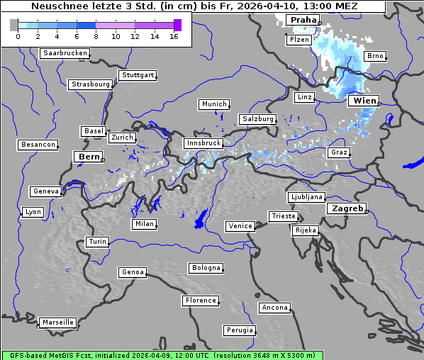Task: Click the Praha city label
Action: click(302, 20)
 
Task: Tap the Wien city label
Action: click(363, 101)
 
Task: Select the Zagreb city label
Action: click(347, 209)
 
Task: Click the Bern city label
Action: click(89, 157)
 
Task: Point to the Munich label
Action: click(214, 104)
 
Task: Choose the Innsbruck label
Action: click(202, 143)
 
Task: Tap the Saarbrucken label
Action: click(65, 53)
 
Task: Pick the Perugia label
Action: click(239, 330)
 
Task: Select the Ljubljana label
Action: click(306, 197)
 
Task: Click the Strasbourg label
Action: click(90, 84)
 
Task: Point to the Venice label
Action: click(240, 226)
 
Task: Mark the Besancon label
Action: click(38, 145)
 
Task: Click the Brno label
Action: click(375, 56)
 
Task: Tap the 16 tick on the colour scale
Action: click(174, 36)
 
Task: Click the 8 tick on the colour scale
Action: click(96, 36)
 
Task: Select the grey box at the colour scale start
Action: click(13, 25)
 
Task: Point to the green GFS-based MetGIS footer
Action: click(162, 355)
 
